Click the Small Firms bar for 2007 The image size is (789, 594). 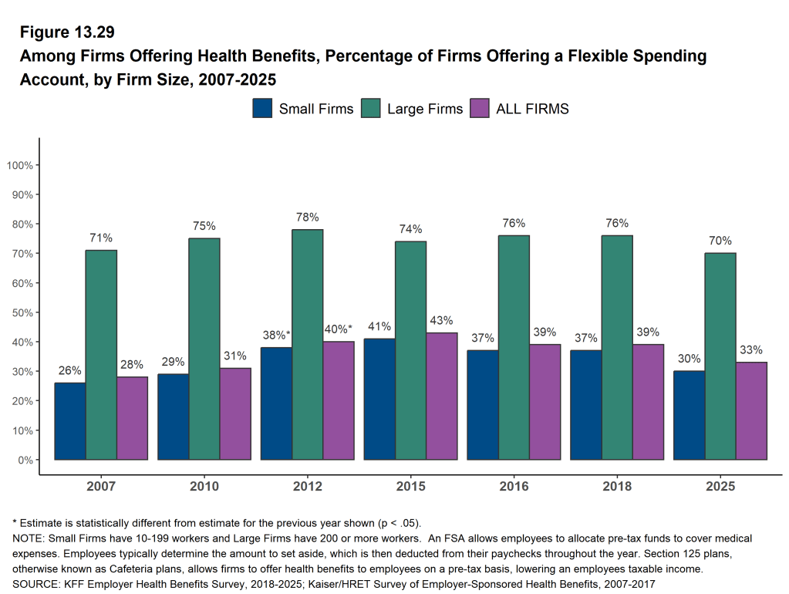[70, 421]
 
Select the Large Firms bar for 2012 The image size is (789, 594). [308, 344]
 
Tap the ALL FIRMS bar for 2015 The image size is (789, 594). [442, 396]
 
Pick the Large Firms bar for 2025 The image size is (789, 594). [720, 356]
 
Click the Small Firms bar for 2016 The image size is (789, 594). [483, 405]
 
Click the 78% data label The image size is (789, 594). [308, 218]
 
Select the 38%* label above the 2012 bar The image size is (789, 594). [275, 336]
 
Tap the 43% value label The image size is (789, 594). [442, 321]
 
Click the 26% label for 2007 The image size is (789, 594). [70, 370]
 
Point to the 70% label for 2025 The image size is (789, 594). [720, 241]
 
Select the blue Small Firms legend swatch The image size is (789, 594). [262, 109]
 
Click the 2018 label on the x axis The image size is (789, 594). [617, 487]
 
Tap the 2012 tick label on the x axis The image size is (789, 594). [308, 487]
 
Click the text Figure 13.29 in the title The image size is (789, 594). [67, 32]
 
